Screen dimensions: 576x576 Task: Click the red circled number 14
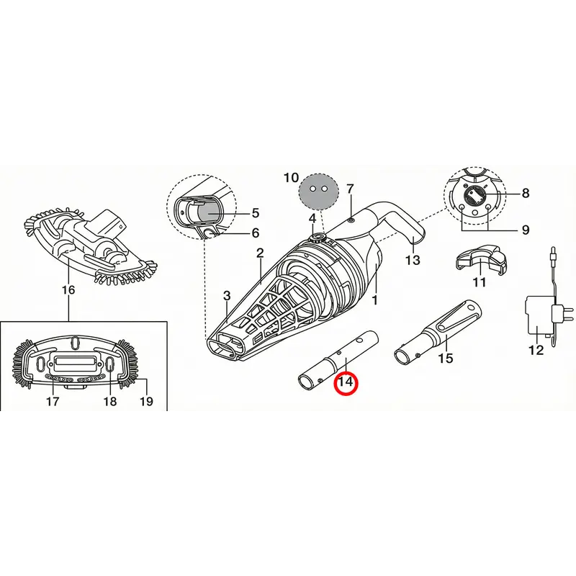(x=346, y=382)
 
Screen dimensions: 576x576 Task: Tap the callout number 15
(x=446, y=358)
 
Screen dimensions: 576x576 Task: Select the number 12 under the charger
(x=536, y=350)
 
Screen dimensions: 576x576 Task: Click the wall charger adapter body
(x=539, y=315)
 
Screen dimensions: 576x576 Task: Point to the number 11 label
(x=480, y=282)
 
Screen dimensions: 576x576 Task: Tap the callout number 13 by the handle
(x=412, y=260)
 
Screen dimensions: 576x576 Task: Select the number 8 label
(x=526, y=193)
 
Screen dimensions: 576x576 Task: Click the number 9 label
(x=526, y=230)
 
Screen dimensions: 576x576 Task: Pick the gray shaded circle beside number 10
(x=318, y=192)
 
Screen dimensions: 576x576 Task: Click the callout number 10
(x=291, y=178)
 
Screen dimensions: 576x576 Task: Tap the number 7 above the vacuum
(x=350, y=189)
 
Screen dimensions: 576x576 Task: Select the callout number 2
(x=260, y=253)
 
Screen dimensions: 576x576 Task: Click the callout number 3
(x=227, y=295)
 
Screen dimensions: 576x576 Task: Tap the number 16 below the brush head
(x=68, y=290)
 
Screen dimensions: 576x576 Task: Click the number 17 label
(x=53, y=401)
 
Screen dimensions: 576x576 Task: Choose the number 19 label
(x=146, y=401)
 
